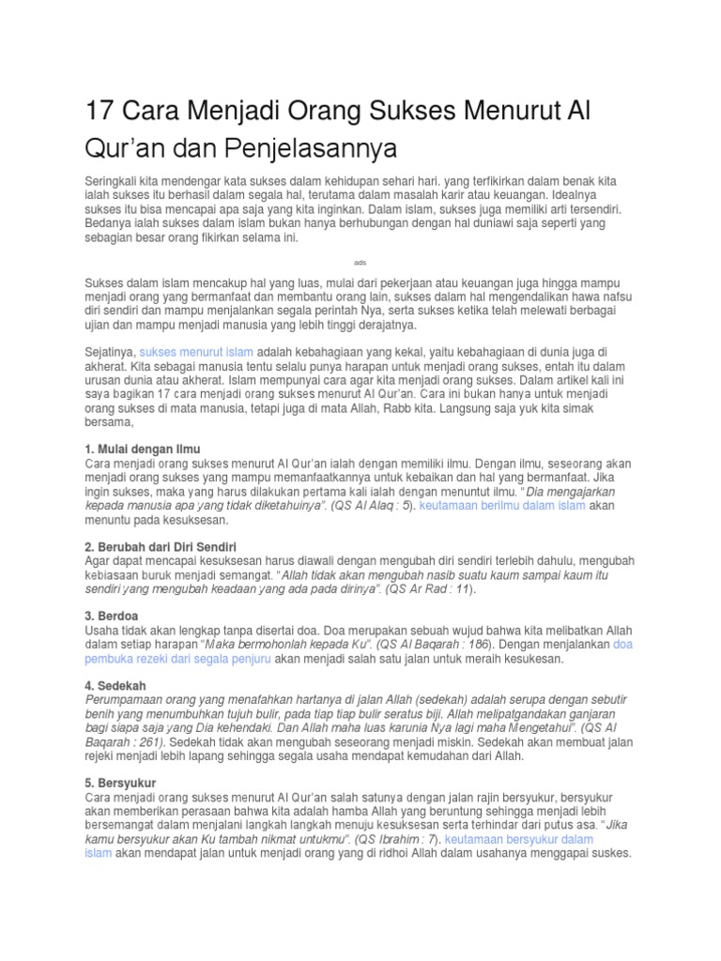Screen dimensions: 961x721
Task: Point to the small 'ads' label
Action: tap(360, 262)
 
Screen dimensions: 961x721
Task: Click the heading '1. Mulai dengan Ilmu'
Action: tap(143, 449)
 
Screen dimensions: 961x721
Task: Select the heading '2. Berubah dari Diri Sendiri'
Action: tap(161, 546)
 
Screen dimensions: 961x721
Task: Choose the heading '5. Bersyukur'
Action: tap(120, 783)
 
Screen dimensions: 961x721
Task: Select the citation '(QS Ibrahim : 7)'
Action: tap(393, 840)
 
